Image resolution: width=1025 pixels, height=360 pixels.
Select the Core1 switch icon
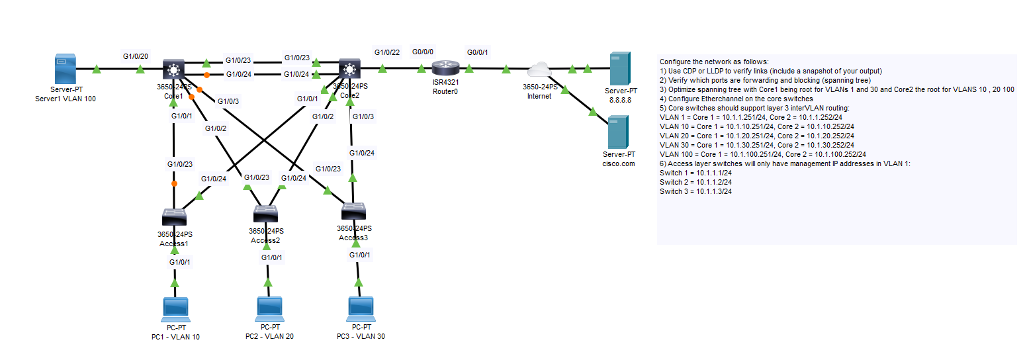click(x=174, y=69)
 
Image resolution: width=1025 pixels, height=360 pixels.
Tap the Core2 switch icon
click(x=349, y=68)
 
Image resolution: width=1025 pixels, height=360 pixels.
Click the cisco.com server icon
click(x=619, y=132)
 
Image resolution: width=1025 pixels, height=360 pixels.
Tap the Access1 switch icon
click(x=175, y=216)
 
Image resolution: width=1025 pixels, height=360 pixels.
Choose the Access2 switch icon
click(x=266, y=213)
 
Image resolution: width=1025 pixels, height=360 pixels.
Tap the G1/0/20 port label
click(x=136, y=56)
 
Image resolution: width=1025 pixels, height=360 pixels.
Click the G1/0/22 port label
click(x=387, y=52)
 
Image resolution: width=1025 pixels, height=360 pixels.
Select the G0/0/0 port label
click(x=422, y=52)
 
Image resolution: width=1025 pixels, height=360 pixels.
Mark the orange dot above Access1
click(x=174, y=183)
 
